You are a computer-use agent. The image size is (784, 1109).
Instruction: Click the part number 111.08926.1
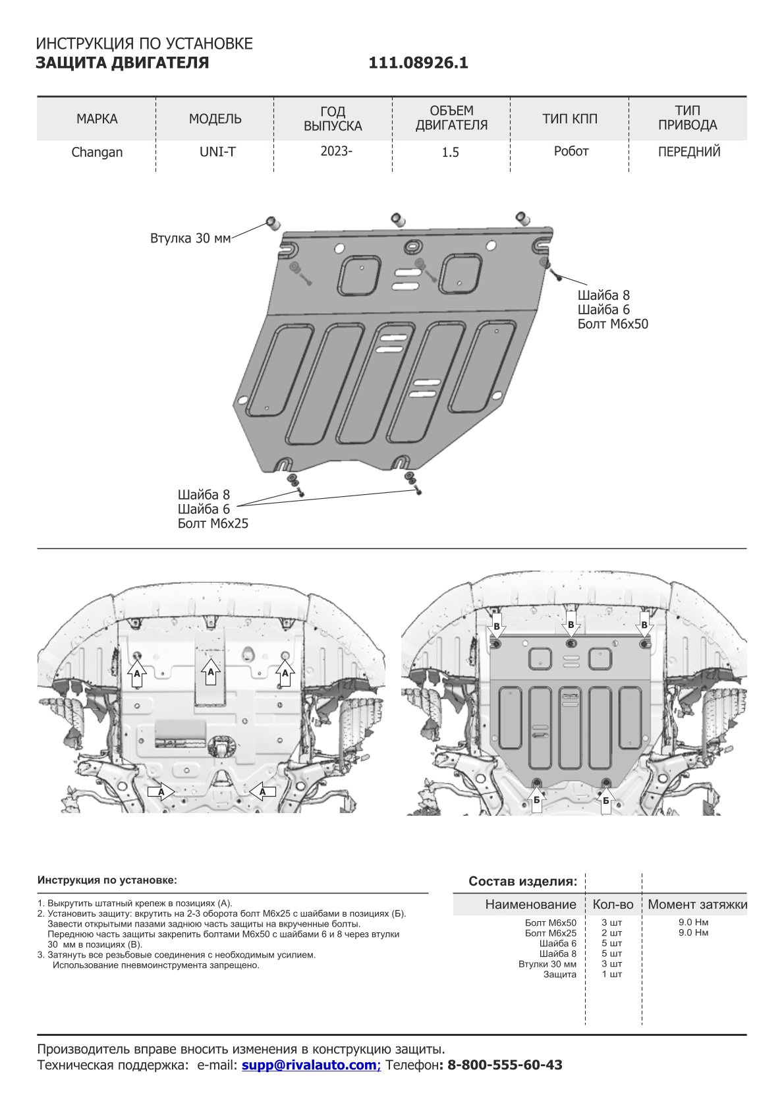418,63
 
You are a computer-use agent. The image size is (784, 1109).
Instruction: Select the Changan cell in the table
97,152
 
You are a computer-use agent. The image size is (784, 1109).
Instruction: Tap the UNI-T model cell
217,152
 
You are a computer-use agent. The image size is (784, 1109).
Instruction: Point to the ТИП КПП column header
570,119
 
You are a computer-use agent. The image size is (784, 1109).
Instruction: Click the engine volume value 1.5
450,152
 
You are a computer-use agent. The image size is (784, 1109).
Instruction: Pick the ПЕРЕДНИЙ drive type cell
689,152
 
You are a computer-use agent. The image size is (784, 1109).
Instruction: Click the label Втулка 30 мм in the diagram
190,238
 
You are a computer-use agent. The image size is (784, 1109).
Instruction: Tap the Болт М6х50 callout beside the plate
613,324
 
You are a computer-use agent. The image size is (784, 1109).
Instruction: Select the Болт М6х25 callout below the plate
213,524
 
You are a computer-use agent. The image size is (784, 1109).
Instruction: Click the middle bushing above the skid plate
397,219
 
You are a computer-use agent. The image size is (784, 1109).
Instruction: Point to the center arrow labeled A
211,671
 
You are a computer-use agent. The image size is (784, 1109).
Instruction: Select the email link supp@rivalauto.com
311,1065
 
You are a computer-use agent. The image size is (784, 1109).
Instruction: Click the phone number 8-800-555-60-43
505,1065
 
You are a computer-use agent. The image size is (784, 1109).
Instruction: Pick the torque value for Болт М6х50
693,923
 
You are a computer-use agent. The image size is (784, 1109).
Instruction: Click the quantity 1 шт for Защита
611,974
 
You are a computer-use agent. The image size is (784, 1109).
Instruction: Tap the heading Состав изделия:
522,881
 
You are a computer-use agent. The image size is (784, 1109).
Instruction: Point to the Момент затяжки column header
697,904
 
